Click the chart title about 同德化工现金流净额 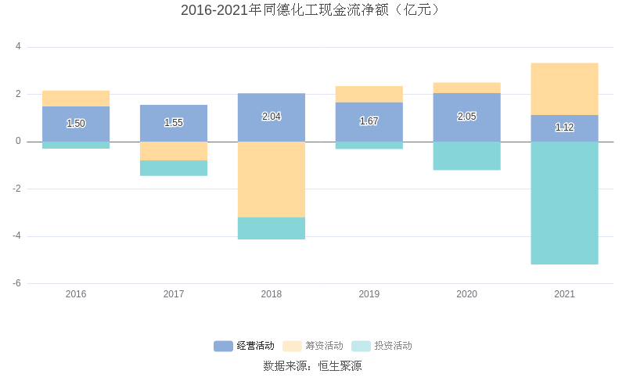tap(312, 10)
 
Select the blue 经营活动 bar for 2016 tap(76, 124)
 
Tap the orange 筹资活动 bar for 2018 tap(272, 179)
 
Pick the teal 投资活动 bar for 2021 tap(564, 203)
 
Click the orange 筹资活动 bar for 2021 tap(564, 89)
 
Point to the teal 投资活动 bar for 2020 tap(466, 156)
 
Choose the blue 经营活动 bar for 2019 tap(369, 122)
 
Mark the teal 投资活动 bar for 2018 tap(272, 228)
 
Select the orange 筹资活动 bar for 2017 tap(174, 151)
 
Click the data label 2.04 tap(272, 117)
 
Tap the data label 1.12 tap(564, 128)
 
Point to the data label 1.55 tap(174, 123)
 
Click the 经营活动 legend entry tap(244, 346)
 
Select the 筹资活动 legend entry tap(313, 346)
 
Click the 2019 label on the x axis tap(369, 294)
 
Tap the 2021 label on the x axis tap(564, 294)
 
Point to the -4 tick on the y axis tap(16, 236)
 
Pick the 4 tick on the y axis tap(18, 47)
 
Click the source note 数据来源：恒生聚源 tap(312, 365)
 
